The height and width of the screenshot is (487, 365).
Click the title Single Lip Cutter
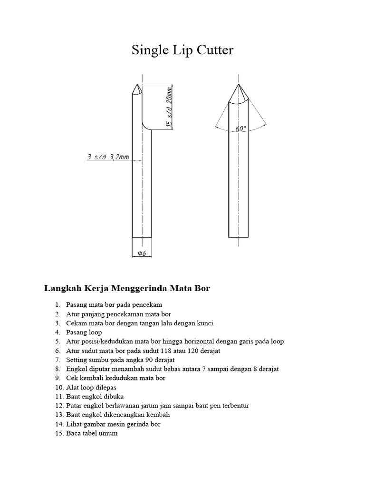[182, 50]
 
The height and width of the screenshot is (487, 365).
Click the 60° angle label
[241, 129]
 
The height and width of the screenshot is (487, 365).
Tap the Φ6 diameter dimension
[142, 253]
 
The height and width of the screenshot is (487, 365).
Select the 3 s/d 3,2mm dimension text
[108, 157]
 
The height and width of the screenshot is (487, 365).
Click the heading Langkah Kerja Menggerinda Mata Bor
[127, 288]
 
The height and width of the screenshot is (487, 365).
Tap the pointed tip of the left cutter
[136, 86]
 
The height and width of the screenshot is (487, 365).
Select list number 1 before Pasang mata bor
[57, 305]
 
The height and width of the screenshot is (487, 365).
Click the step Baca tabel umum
[92, 433]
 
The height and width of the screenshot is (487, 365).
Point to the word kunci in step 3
[204, 323]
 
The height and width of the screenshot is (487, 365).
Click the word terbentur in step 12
[235, 406]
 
